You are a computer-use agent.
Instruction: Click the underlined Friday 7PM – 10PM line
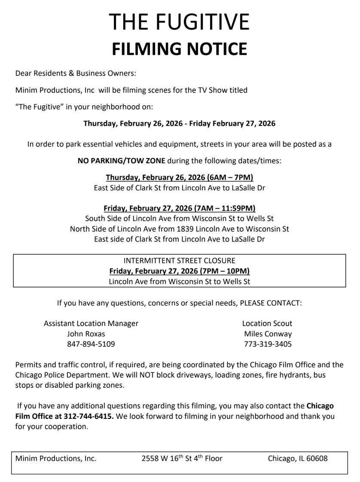coord(180,272)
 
